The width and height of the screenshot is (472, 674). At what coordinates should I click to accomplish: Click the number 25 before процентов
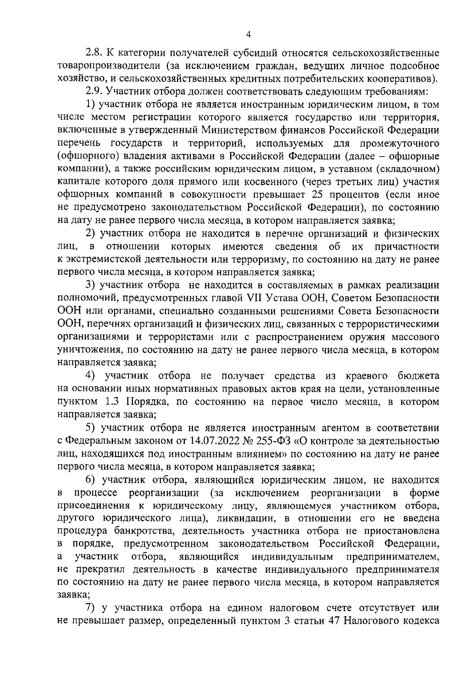pos(317,194)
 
